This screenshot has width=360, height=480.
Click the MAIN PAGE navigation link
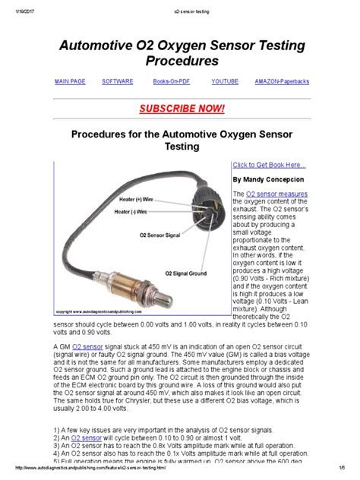tap(70, 81)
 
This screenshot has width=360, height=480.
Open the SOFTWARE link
tap(118, 81)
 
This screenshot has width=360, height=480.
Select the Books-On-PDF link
tap(171, 81)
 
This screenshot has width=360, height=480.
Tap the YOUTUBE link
tap(225, 81)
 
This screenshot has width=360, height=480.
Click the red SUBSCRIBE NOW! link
tap(179, 108)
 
